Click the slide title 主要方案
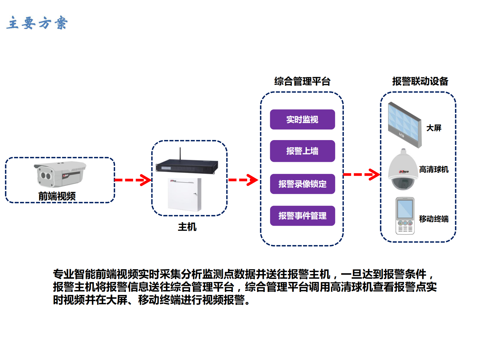coord(37,23)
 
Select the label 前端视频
coord(57,196)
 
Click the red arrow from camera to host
coord(133,180)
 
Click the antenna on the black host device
coord(180,154)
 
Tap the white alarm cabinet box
coord(184,195)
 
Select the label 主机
coord(187,227)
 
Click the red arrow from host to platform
coord(243,180)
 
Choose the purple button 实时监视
coord(302,119)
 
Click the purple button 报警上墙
coord(302,151)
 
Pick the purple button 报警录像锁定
coord(302,184)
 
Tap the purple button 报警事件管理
coord(302,216)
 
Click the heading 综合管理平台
coord(302,81)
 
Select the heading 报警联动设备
coord(420,81)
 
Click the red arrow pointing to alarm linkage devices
coord(361,175)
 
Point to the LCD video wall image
coord(404,125)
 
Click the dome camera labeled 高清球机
coord(403,170)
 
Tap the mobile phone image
coord(405,216)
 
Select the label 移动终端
coord(433,219)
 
